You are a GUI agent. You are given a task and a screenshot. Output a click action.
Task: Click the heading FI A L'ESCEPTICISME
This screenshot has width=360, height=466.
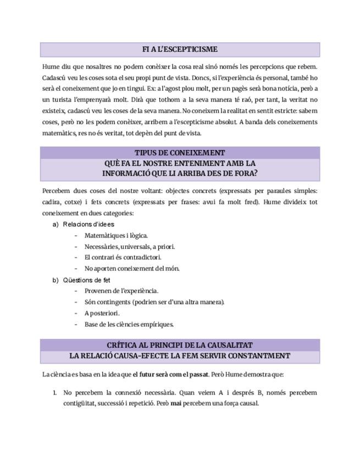[180, 49]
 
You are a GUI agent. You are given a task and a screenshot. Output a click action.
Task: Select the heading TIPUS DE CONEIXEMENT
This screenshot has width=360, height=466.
[180, 153]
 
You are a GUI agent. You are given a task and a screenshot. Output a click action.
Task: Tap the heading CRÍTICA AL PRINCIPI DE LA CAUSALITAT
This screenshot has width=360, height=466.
[180, 345]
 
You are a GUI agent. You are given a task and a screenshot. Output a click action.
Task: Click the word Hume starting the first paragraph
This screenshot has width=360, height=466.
[51, 67]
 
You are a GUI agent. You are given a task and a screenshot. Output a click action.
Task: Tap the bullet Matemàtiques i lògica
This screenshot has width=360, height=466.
[116, 236]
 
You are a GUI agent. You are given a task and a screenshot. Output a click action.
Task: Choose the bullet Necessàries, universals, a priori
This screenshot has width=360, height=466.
[130, 247]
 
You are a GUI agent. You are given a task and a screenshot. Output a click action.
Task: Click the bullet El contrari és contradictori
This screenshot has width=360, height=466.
[123, 258]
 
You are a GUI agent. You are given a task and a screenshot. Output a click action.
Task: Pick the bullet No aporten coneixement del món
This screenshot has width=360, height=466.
[132, 269]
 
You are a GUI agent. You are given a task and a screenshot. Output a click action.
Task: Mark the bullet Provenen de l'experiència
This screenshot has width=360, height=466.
[121, 291]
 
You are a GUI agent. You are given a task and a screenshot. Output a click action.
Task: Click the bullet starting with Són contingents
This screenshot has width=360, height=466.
[154, 302]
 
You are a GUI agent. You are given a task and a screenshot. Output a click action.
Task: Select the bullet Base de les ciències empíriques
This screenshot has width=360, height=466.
[129, 324]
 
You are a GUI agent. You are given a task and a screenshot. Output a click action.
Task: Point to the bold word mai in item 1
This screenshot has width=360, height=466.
[176, 403]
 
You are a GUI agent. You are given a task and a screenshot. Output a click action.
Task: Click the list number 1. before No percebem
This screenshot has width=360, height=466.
[54, 393]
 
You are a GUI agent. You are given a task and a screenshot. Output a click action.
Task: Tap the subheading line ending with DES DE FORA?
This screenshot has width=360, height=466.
[180, 173]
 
